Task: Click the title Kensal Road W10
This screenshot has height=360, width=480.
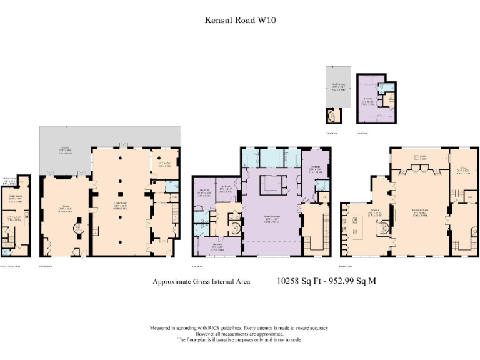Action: [x=241, y=20]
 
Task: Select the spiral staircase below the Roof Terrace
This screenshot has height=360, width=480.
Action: [x=331, y=116]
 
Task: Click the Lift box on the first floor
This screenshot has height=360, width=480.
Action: [x=324, y=197]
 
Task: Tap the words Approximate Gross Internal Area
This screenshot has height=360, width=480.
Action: [x=201, y=282]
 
